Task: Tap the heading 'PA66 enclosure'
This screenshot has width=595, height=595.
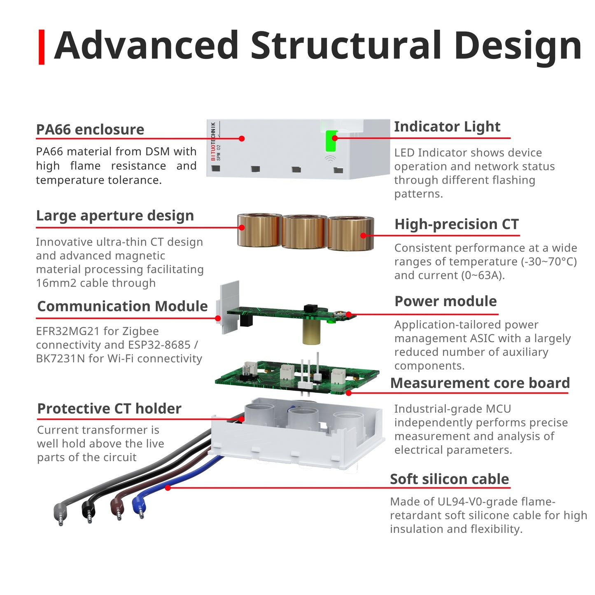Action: click(90, 129)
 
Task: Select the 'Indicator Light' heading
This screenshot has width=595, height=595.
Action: click(447, 126)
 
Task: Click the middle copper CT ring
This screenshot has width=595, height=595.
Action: click(304, 231)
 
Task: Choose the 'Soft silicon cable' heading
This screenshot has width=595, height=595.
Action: click(449, 479)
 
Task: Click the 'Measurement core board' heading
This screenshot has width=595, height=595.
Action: click(480, 383)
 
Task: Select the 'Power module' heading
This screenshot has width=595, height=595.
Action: click(446, 301)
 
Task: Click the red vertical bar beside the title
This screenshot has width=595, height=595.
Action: click(41, 47)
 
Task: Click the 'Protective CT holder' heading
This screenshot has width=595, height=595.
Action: click(109, 408)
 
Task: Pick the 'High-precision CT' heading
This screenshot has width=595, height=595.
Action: click(456, 224)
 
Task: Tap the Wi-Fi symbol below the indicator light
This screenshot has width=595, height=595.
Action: click(330, 159)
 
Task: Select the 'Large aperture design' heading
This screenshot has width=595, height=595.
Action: click(115, 215)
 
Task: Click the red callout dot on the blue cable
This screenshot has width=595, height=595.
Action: click(168, 488)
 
